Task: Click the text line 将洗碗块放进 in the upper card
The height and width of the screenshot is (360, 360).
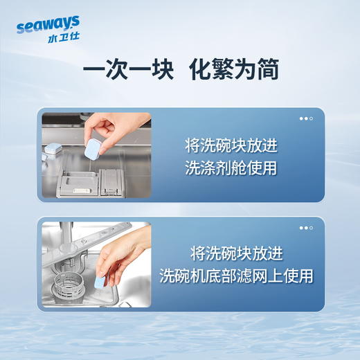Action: point(230,146)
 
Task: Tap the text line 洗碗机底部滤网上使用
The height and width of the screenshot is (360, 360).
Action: point(235,276)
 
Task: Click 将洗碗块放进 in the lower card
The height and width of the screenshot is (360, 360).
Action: point(235,253)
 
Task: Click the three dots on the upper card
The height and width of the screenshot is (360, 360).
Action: point(306,118)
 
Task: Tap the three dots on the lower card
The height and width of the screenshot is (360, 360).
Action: point(306,228)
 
